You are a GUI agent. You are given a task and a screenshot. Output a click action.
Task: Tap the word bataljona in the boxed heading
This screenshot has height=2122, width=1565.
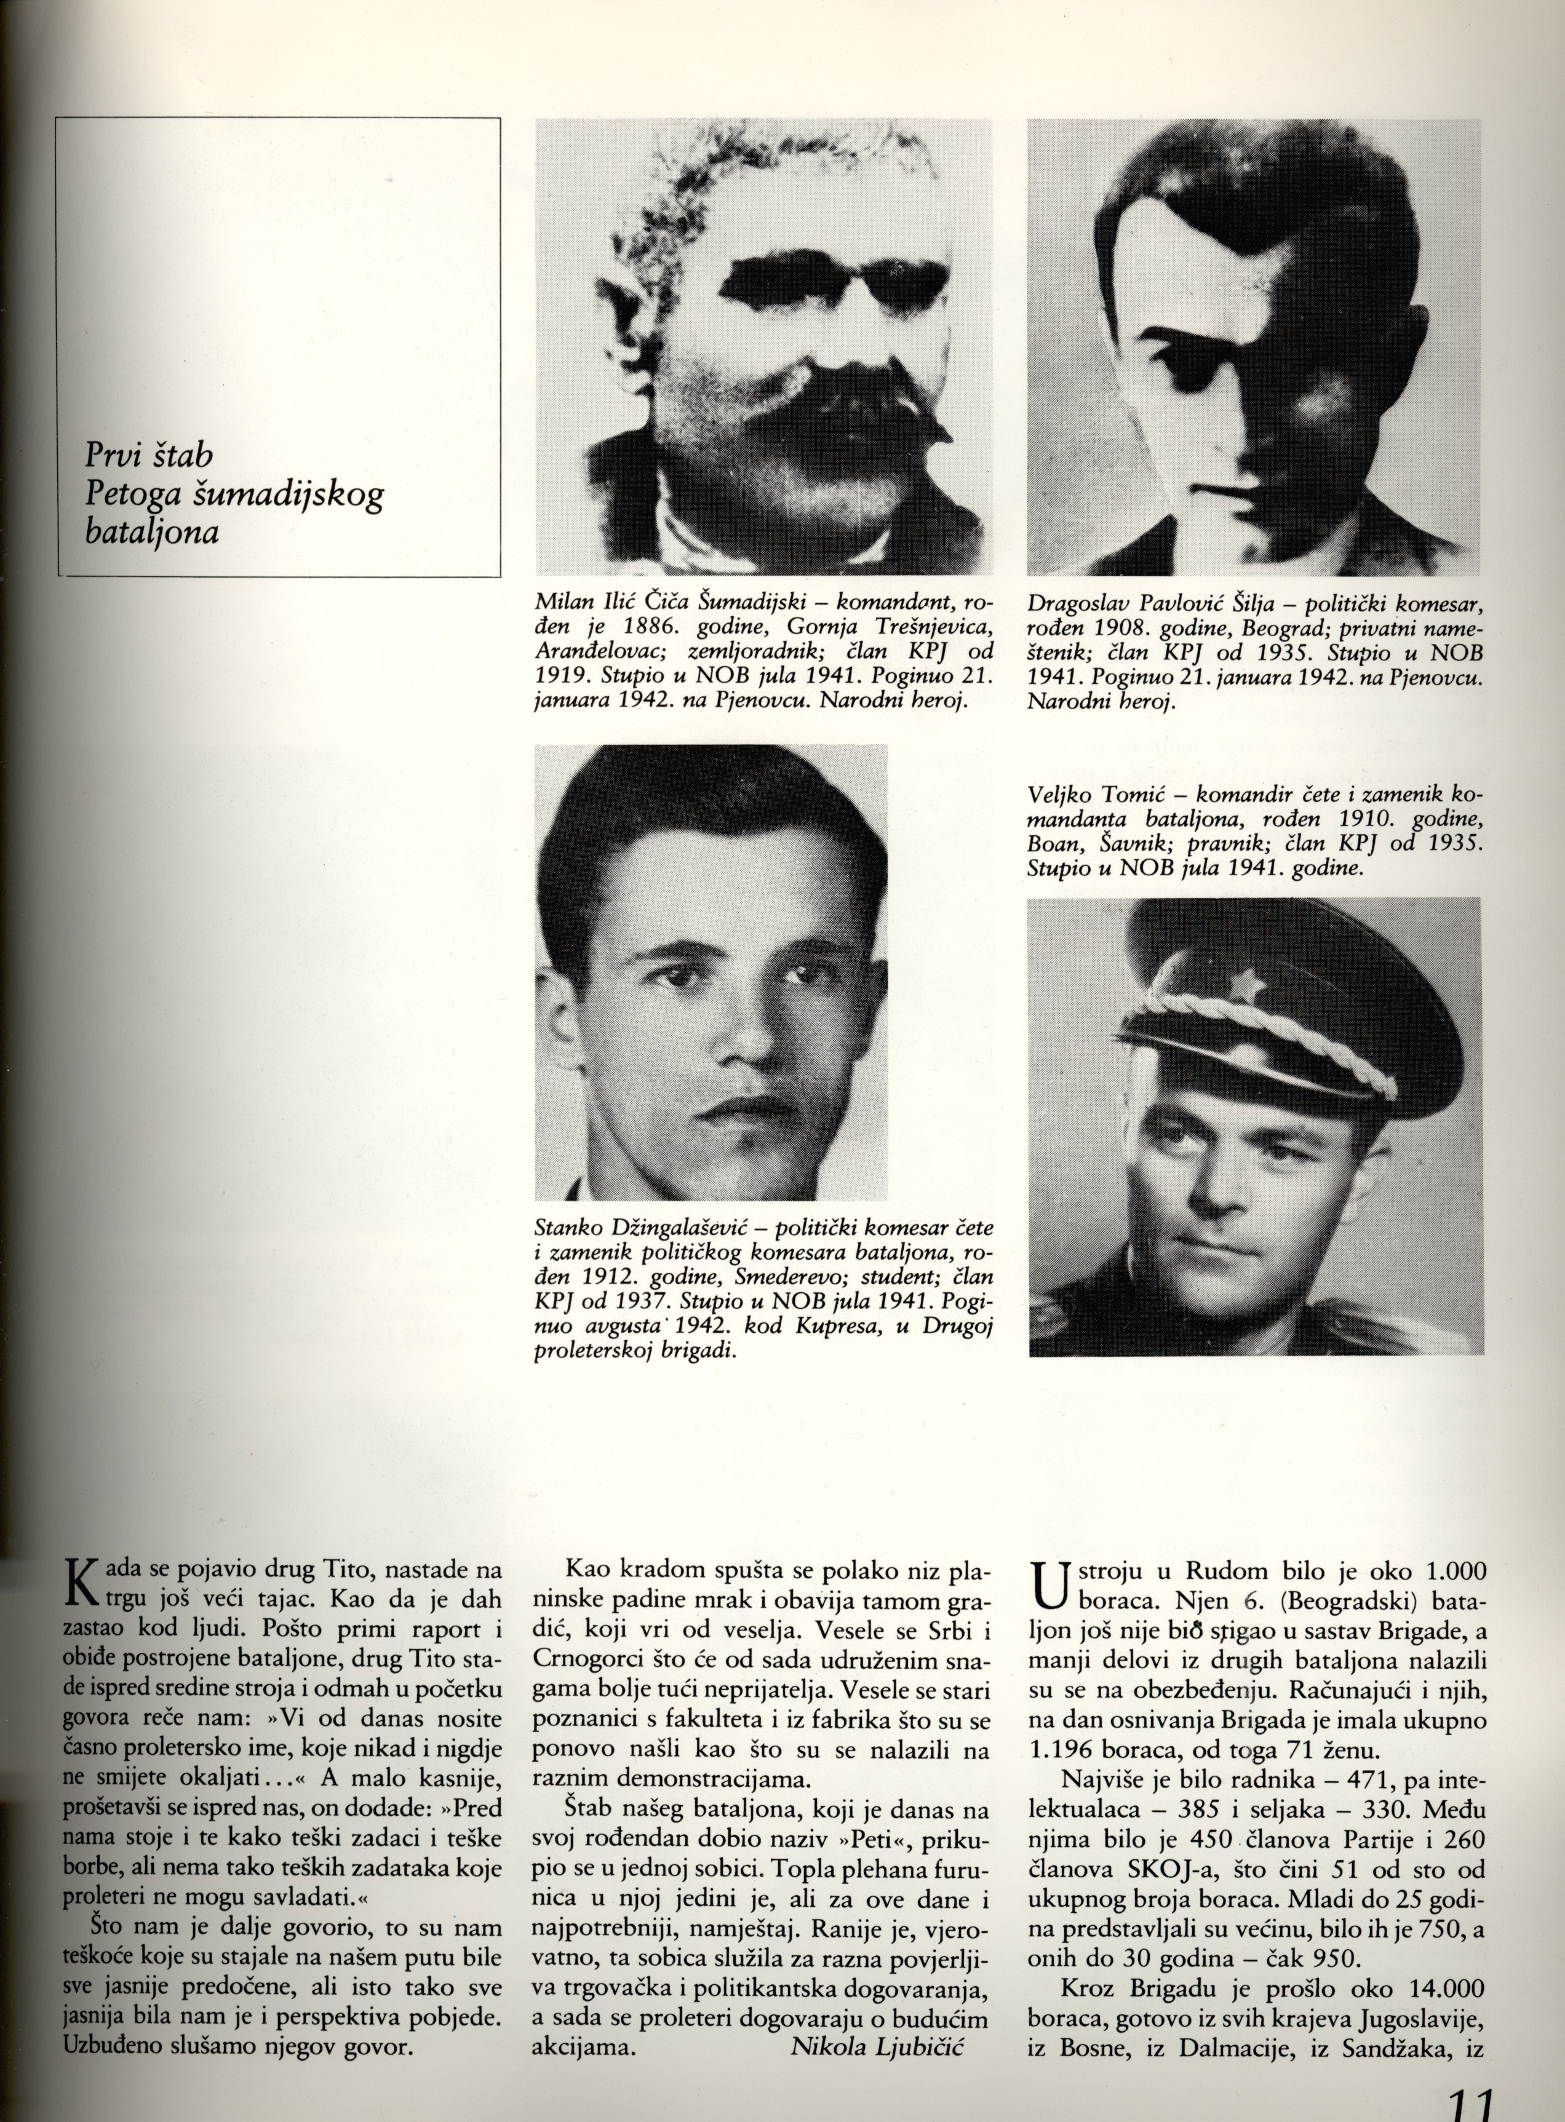coord(151,533)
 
